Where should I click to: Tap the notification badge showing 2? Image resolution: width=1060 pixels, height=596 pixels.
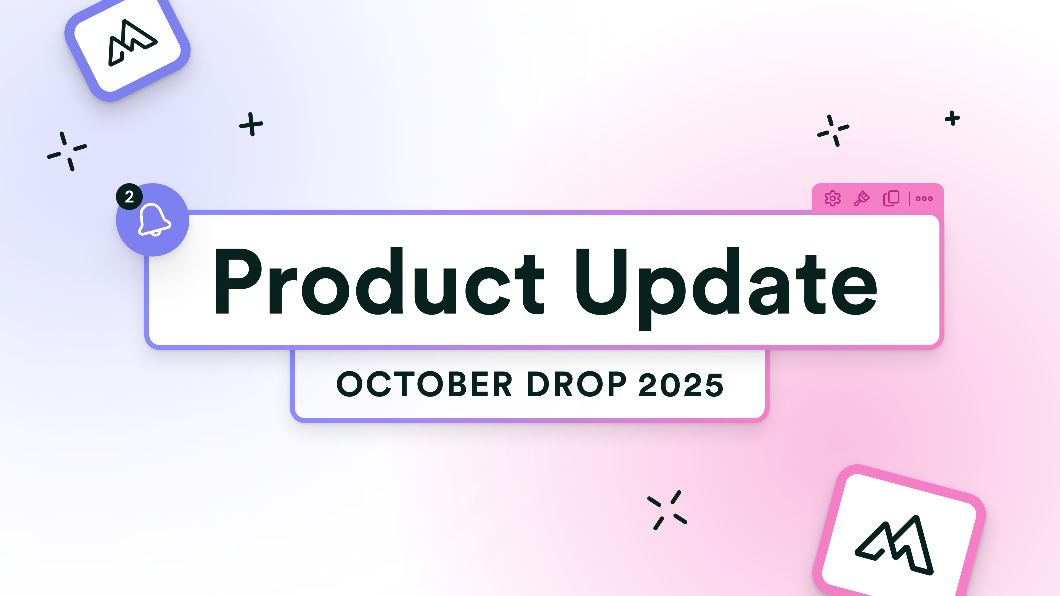[129, 197]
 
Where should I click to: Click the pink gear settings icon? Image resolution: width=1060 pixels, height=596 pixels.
[833, 199]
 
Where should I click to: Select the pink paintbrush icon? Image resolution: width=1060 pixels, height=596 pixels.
[862, 199]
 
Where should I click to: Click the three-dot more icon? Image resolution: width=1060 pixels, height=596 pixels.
[924, 199]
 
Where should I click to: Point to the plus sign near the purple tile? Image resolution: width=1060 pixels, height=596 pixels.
[251, 124]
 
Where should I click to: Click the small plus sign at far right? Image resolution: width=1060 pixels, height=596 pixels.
[952, 118]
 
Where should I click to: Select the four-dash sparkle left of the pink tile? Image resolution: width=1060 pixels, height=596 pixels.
[667, 510]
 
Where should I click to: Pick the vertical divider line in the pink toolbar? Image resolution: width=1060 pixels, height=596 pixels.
[909, 199]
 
